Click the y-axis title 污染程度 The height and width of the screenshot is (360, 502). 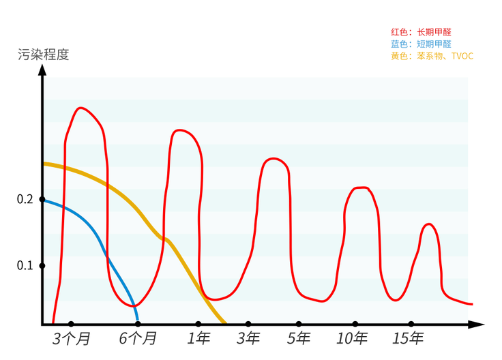(x=44, y=55)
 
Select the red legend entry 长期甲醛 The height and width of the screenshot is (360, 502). (x=421, y=32)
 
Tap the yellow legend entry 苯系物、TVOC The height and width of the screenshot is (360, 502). (x=432, y=56)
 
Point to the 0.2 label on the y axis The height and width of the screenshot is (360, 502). (x=25, y=199)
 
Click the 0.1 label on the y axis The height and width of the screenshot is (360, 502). (x=25, y=265)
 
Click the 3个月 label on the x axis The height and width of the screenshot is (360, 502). (x=71, y=339)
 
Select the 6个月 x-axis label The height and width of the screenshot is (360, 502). (x=138, y=339)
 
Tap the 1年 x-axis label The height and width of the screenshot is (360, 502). (x=198, y=339)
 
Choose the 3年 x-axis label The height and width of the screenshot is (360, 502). (x=248, y=339)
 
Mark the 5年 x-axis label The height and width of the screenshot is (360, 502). (x=299, y=339)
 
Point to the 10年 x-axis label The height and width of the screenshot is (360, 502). (x=353, y=339)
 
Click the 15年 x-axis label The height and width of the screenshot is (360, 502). (x=409, y=339)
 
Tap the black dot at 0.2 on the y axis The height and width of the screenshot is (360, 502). (x=43, y=199)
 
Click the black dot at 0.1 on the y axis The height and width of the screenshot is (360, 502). (x=43, y=265)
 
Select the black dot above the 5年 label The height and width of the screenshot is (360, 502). (x=299, y=324)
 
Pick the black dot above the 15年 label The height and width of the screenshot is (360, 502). (x=411, y=324)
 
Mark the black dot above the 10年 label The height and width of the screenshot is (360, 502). (x=355, y=324)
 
